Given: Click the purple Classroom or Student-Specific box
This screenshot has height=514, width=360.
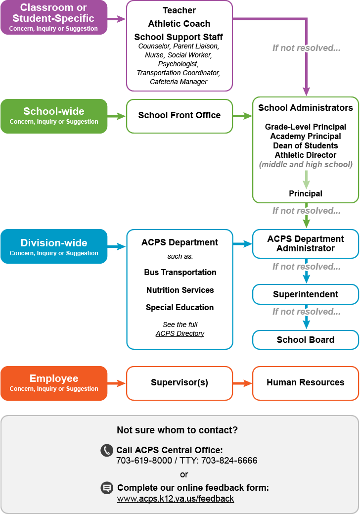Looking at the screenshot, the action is pyautogui.click(x=54, y=17).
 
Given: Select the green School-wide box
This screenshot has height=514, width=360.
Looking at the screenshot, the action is pyautogui.click(x=54, y=116).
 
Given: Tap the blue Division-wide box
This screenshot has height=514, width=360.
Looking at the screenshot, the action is pyautogui.click(x=54, y=246).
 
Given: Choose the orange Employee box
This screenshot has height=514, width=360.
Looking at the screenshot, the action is pyautogui.click(x=54, y=383).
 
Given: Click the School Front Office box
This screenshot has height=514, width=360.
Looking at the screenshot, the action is pyautogui.click(x=180, y=116).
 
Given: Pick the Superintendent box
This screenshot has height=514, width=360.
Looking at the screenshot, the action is pyautogui.click(x=306, y=294).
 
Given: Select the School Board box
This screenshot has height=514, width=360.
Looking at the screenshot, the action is pyautogui.click(x=306, y=339).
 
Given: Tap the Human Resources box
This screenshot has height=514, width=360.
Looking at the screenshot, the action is pyautogui.click(x=306, y=383).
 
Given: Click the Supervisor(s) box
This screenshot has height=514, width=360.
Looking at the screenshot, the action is pyautogui.click(x=180, y=383).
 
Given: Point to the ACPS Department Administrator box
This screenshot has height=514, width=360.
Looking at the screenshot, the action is pyautogui.click(x=306, y=243).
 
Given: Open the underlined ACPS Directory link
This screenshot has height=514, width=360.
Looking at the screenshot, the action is pyautogui.click(x=180, y=333).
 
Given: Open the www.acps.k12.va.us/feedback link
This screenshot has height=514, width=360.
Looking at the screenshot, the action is pyautogui.click(x=176, y=499).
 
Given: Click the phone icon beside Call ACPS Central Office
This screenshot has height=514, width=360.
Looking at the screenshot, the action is pyautogui.click(x=107, y=450).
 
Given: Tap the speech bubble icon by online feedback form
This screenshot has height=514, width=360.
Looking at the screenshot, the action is pyautogui.click(x=107, y=488).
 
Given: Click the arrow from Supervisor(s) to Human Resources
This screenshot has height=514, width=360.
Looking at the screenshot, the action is pyautogui.click(x=242, y=383).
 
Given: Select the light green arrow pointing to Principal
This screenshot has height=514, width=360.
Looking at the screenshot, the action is pyautogui.click(x=306, y=179).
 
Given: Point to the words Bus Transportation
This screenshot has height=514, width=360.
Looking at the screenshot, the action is pyautogui.click(x=180, y=272).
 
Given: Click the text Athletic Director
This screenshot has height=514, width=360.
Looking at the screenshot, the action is pyautogui.click(x=306, y=155).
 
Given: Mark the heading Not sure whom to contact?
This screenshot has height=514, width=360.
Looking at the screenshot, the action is pyautogui.click(x=177, y=430).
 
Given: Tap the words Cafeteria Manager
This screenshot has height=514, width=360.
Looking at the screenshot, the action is pyautogui.click(x=179, y=82).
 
